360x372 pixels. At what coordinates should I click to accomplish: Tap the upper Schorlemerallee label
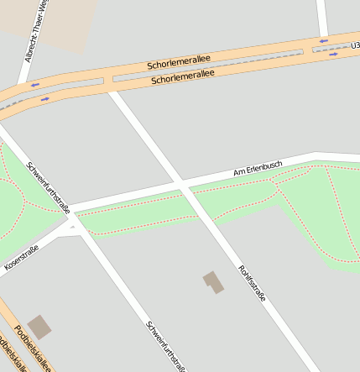point(178,63)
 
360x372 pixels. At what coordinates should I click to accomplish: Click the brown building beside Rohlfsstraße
point(213,282)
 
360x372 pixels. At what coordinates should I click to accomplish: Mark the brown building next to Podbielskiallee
point(39,327)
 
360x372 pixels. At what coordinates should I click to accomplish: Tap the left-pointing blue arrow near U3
point(323,39)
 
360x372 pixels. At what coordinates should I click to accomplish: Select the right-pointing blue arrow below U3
point(333,55)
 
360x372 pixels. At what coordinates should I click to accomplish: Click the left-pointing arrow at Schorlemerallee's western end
point(35,84)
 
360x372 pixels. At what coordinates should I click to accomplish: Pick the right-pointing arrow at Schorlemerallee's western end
point(44,98)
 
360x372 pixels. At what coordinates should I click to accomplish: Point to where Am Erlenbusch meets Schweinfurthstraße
point(71,209)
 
